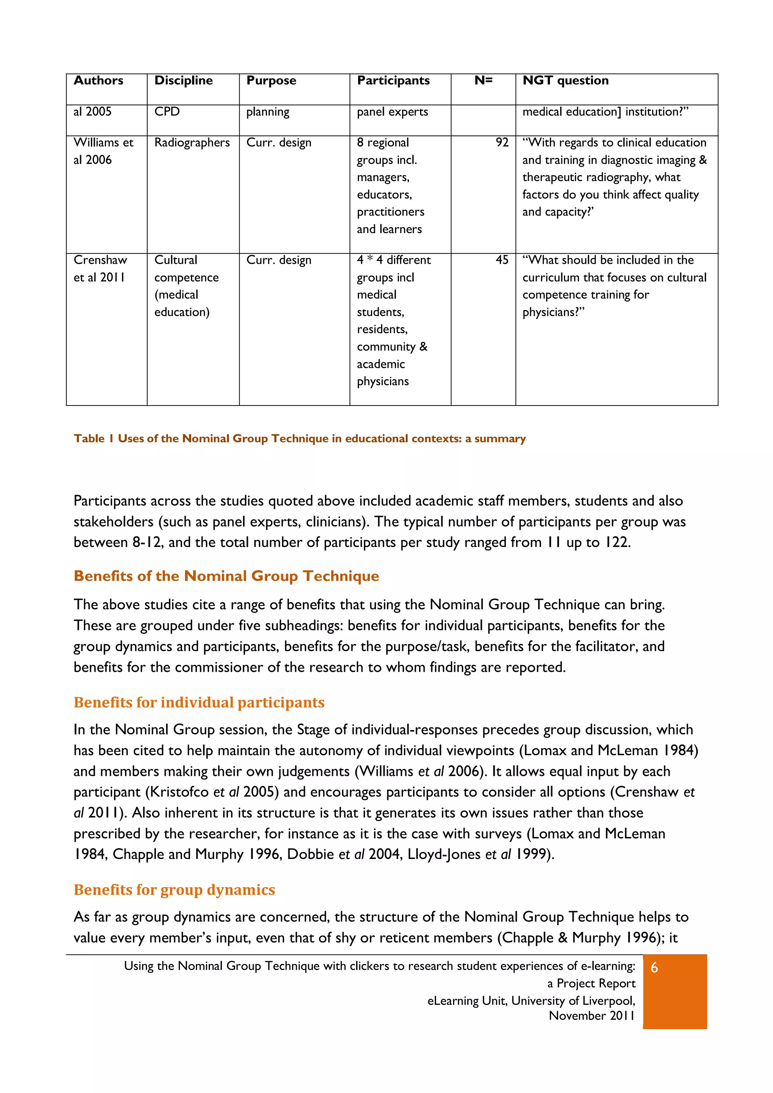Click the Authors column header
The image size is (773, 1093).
(98, 80)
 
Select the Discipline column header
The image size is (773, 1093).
(183, 80)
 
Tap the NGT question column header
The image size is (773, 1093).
(565, 80)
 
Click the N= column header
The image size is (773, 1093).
(483, 80)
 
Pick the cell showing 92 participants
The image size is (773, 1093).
(502, 143)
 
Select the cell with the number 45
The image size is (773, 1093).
(502, 260)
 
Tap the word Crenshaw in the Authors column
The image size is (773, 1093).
(100, 260)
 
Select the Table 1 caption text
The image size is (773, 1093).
(300, 438)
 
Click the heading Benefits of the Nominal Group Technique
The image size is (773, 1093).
(226, 576)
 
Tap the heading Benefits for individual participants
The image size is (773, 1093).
(199, 703)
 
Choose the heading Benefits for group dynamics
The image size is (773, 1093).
(174, 890)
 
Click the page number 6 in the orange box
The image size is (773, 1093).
(654, 968)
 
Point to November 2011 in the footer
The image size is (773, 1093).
(591, 1016)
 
